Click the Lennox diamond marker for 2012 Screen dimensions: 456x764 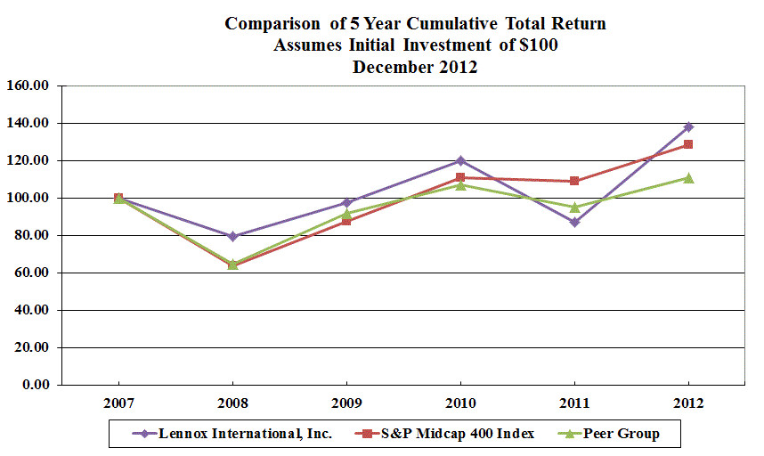688,126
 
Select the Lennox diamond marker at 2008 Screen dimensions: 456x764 232,236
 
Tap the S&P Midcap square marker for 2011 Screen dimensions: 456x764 574,181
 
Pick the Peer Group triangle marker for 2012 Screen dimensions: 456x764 688,177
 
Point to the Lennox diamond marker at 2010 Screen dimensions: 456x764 460,160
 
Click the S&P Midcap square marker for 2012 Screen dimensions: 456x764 688,144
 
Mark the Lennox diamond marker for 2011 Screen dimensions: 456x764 574,222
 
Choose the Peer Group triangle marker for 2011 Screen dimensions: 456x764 574,207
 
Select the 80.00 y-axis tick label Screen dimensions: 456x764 33,236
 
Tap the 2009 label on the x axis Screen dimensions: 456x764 346,403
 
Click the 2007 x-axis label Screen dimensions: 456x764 118,403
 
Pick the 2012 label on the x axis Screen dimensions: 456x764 688,403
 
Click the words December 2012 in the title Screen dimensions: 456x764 415,67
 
